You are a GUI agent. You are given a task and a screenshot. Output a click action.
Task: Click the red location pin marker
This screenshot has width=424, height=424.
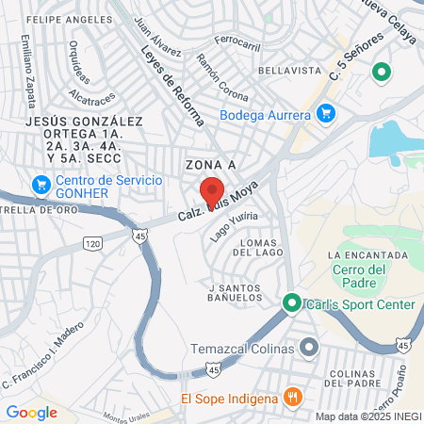(212, 193)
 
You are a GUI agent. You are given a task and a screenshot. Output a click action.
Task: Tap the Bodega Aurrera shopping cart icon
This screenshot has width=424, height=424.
(325, 115)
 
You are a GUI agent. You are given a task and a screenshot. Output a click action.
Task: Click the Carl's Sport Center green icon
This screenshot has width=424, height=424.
(292, 303)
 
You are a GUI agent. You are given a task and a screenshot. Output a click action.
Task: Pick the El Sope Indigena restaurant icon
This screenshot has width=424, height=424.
(292, 398)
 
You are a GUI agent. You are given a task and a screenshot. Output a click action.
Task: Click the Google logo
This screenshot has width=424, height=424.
(31, 412)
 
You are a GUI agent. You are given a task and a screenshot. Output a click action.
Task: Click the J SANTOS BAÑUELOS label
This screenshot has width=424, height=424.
(236, 292)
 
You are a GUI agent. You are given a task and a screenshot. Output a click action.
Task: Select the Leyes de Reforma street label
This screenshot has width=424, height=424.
(173, 85)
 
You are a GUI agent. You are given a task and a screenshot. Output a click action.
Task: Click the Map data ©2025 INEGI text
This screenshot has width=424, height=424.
(367, 416)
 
